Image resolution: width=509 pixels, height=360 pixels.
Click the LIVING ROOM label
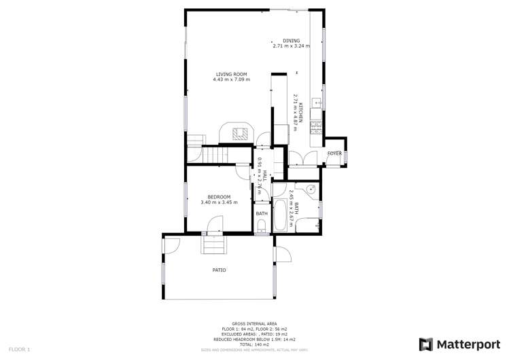[231, 74]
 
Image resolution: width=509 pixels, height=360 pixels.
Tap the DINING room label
[292, 41]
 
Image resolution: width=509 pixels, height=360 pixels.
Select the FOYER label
[334, 154]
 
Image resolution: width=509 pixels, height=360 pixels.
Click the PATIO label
[219, 270]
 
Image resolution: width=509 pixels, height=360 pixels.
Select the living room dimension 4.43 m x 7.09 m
[231, 80]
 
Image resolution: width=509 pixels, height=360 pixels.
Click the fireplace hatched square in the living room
[239, 134]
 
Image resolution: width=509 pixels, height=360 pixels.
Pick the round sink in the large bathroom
[309, 190]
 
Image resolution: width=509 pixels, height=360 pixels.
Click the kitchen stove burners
[315, 126]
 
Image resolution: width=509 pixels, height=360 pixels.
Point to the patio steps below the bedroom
[212, 242]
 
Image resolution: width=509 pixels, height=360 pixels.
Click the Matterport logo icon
[425, 344]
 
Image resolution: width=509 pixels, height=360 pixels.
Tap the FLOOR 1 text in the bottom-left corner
[18, 349]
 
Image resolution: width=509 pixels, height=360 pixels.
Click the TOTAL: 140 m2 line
[252, 344]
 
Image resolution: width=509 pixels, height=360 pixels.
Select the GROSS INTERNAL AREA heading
[252, 324]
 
